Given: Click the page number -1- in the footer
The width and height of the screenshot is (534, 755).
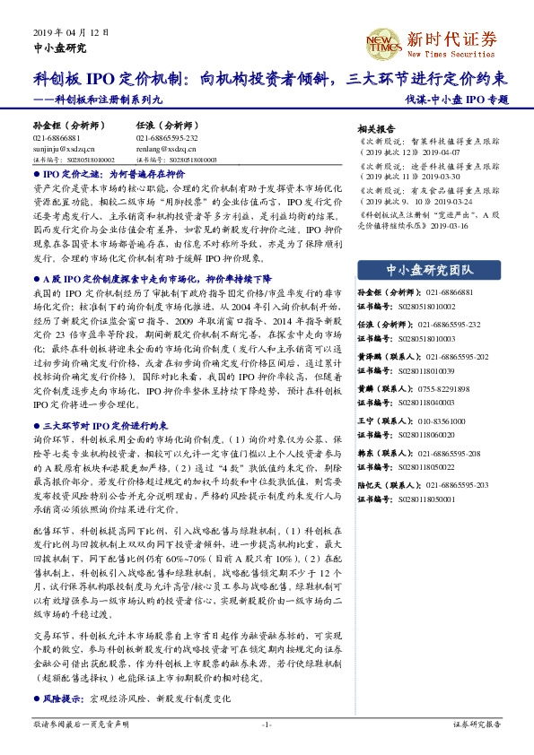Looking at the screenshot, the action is tap(267, 724).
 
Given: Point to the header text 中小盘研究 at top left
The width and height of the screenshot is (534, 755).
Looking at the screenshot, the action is tap(60, 48).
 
